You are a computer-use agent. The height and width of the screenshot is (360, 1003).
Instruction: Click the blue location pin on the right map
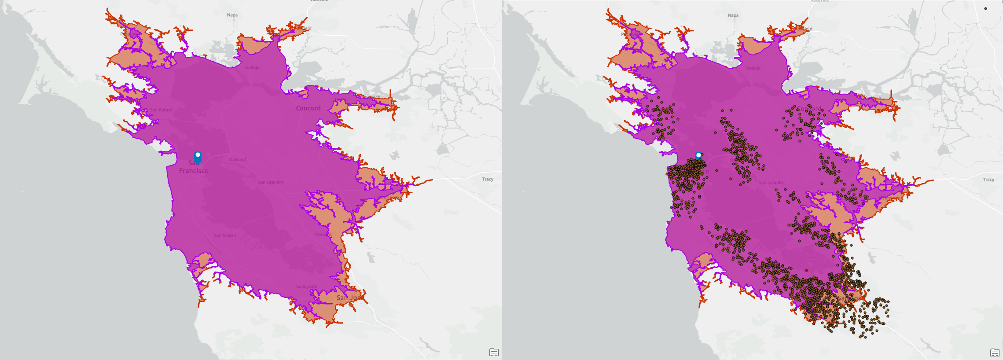coord(698,156)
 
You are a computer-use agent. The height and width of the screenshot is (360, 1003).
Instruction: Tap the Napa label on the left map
coord(232,15)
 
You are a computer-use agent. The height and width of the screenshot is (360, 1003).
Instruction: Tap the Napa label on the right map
coord(733,15)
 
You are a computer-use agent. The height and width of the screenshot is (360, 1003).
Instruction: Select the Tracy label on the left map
coord(488,179)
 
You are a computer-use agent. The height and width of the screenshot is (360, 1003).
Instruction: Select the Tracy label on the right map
coord(988,180)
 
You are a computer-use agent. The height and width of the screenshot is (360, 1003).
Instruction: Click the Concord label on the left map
coord(308,108)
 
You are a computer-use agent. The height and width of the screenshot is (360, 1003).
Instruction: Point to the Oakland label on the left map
coord(237,160)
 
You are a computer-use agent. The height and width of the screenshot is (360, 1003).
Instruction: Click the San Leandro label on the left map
coord(271,182)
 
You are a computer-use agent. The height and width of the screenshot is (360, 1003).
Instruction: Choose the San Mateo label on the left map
coord(225,235)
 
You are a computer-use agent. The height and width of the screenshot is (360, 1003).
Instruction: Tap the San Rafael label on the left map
coord(161,110)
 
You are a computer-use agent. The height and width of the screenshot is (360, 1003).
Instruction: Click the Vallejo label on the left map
coord(253,68)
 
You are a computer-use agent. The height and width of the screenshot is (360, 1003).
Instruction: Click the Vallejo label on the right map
coord(753,68)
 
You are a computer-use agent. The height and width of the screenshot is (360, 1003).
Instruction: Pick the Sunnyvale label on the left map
coord(306,287)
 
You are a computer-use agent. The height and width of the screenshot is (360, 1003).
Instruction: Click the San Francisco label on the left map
coord(194,167)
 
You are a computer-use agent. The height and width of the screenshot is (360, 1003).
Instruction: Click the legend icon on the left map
coord(494,352)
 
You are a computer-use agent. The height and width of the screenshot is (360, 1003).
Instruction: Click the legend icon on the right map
coord(995,352)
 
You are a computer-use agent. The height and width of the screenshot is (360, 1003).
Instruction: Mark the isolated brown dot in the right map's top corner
coord(985,8)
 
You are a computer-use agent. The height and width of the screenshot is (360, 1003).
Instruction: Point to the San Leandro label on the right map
coord(772,183)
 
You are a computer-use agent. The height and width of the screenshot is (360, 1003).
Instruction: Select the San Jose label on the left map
coord(348,298)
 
